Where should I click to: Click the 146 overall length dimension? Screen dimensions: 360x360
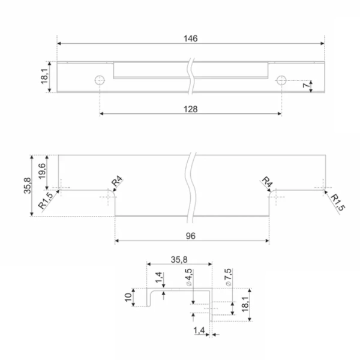coord(191,38)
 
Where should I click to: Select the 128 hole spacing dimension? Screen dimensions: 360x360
coord(191,109)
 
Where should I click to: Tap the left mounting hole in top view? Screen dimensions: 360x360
coord(100,80)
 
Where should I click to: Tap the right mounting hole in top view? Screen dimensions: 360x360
coord(281,80)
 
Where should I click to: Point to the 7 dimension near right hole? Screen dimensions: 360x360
coord(305,85)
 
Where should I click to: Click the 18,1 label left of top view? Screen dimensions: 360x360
coord(44,76)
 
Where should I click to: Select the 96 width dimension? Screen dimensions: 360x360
coord(191,236)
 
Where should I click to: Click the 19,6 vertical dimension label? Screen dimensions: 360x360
coord(42,171)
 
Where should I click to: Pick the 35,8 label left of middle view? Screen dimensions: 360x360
coord(28,185)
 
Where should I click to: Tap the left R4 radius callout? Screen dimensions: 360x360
coord(117,181)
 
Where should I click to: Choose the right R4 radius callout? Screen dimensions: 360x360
coord(268,182)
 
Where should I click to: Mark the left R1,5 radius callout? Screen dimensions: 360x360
coord(46,201)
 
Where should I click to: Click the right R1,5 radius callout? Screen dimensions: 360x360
coord(337,202)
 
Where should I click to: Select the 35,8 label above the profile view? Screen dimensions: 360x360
coord(179,260)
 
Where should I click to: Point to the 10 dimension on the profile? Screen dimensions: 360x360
coord(128,297)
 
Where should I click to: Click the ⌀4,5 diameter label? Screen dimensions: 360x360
coord(189,277)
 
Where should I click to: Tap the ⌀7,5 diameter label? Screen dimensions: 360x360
coord(228,277)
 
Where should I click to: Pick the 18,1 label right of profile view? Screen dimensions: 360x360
coord(245,304)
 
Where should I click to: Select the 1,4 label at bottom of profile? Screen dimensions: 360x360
coord(199,331)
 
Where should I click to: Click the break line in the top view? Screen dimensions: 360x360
coord(191,76)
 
